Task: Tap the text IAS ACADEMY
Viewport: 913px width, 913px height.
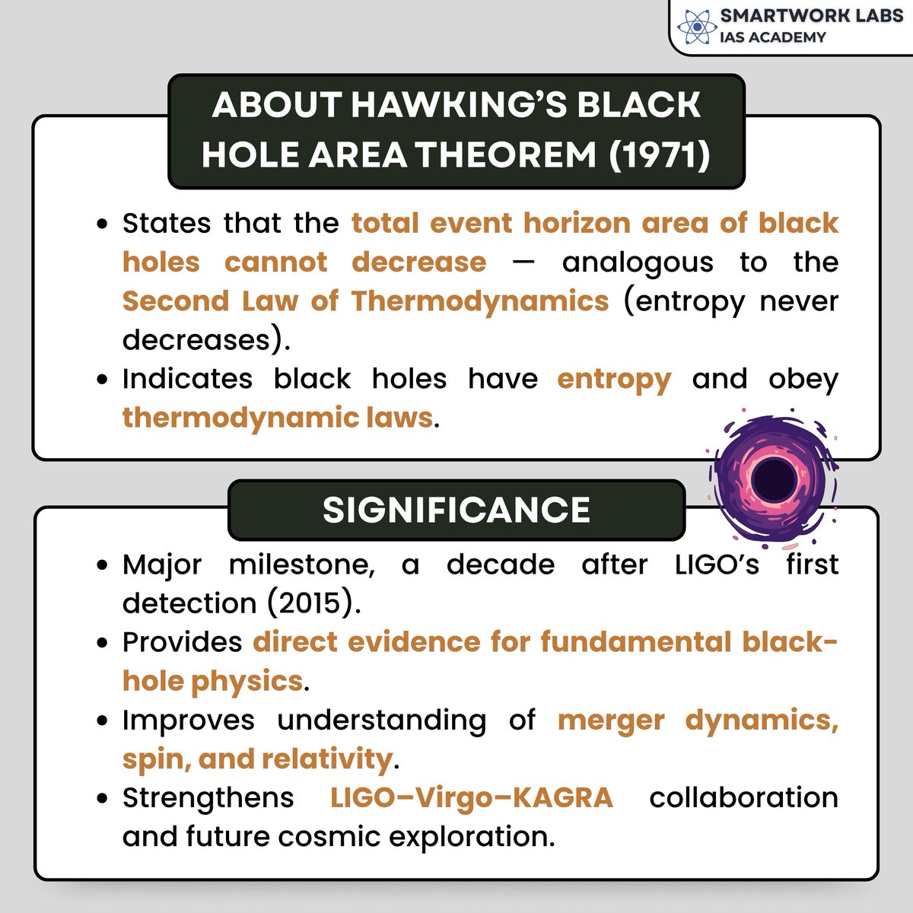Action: pyautogui.click(x=772, y=37)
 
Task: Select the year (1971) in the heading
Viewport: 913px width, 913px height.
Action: pyautogui.click(x=660, y=154)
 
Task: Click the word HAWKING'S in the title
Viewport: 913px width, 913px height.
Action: pyautogui.click(x=459, y=105)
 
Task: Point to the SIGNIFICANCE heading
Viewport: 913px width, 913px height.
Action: pyautogui.click(x=456, y=510)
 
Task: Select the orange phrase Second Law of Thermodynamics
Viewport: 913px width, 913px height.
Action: pyautogui.click(x=365, y=301)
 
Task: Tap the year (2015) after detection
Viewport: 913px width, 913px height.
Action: pyautogui.click(x=312, y=603)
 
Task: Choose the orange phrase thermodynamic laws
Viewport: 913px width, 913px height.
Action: pyautogui.click(x=277, y=417)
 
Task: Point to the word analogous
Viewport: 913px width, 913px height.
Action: pyautogui.click(x=638, y=262)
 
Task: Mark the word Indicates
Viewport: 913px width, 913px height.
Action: pyautogui.click(x=187, y=378)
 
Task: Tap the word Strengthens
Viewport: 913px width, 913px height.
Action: pyautogui.click(x=208, y=797)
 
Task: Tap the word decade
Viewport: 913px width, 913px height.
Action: pyautogui.click(x=501, y=565)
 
